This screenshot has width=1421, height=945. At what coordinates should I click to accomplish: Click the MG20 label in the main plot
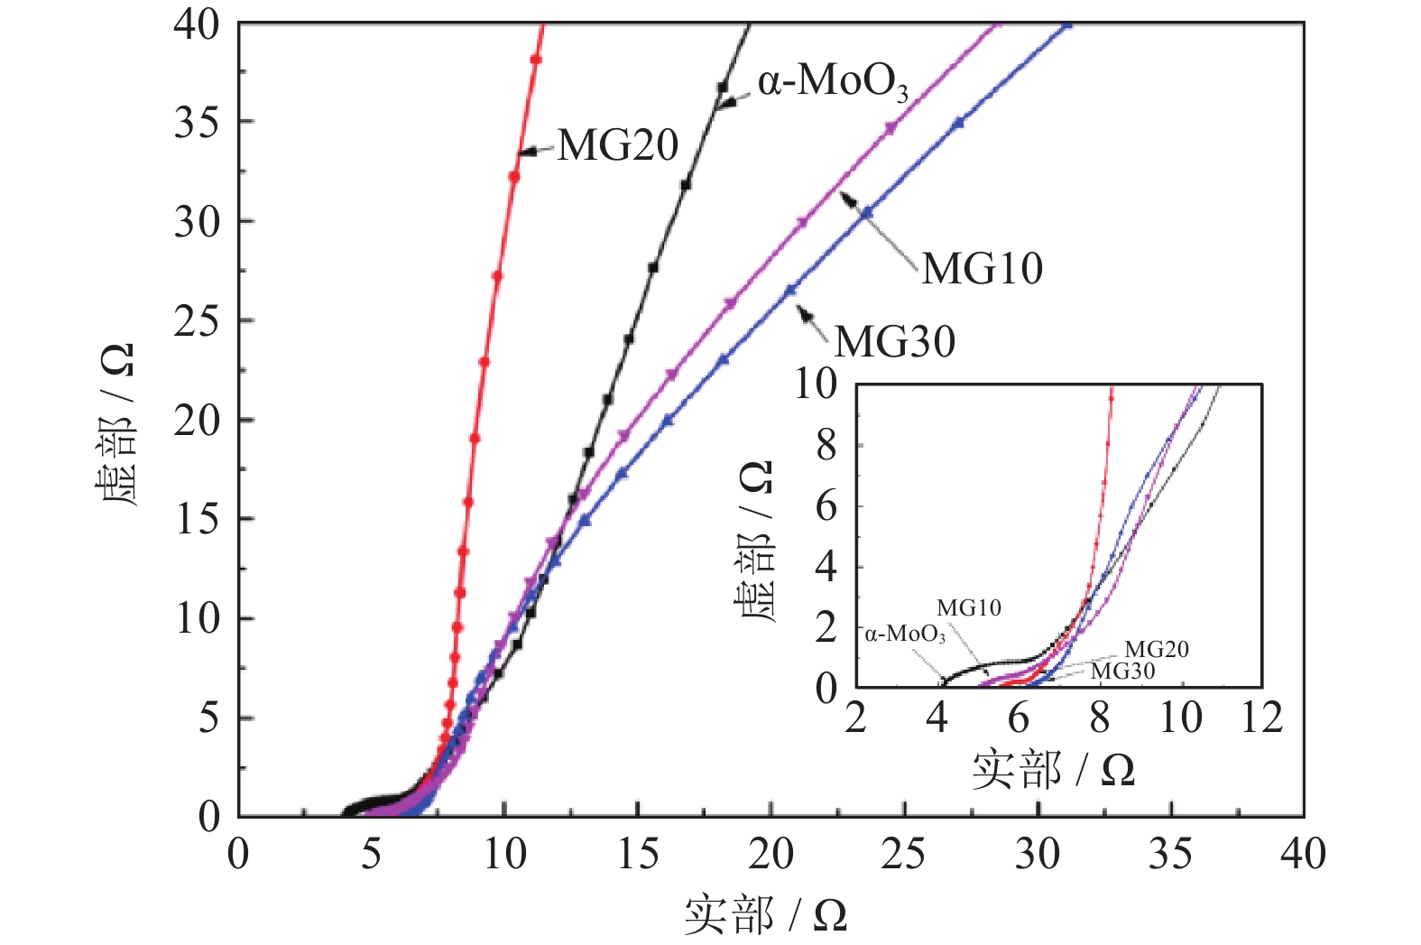point(617,145)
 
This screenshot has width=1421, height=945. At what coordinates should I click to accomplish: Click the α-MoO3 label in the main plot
point(832,82)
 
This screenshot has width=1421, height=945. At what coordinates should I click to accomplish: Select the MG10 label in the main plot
point(982,269)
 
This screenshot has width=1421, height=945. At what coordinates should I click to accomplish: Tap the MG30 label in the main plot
point(894,342)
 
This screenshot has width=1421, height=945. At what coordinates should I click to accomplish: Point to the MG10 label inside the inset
point(968,608)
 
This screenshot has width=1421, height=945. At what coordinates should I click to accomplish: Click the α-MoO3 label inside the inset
point(904,635)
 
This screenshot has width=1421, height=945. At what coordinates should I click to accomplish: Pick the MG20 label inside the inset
point(1156,650)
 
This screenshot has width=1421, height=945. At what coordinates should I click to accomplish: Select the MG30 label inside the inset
point(1122,672)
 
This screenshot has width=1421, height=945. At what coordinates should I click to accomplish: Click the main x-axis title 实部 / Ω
point(765,915)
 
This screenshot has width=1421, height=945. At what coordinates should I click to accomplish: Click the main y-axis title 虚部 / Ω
point(115,424)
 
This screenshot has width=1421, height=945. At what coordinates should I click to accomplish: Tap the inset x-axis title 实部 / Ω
point(1052,770)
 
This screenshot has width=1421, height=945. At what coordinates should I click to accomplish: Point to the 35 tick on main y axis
point(197,122)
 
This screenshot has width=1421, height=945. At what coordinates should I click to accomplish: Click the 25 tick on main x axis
point(903,854)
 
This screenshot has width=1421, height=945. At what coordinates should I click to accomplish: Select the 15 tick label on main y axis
point(197,519)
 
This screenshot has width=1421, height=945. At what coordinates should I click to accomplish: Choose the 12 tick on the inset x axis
point(1260,718)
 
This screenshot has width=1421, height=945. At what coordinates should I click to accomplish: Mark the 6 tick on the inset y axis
point(826,506)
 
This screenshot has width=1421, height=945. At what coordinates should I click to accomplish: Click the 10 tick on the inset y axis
point(816,384)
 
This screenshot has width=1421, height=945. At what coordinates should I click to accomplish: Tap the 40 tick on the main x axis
point(1303,854)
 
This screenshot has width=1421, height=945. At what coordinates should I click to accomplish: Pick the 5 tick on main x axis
point(371,854)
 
